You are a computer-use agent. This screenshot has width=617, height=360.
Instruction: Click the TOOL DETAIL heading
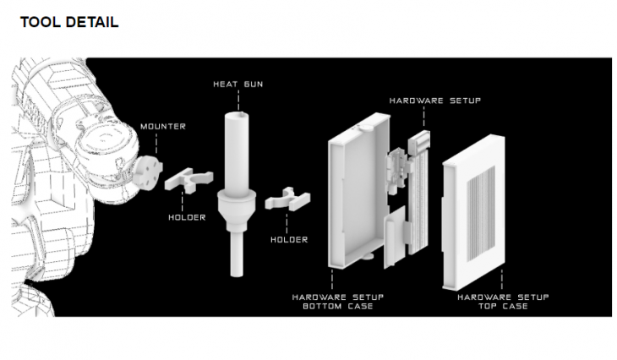tap(69, 22)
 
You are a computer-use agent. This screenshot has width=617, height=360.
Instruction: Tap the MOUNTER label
tap(163, 127)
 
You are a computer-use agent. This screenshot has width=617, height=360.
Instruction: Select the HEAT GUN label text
tap(238, 85)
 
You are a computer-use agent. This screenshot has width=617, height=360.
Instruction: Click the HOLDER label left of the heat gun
tap(187, 217)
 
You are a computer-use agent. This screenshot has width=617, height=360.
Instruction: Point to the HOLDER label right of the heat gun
tap(289, 240)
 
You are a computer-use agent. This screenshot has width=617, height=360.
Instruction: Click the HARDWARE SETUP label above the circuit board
tap(435, 101)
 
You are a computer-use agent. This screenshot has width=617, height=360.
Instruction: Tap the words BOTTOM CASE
tap(337, 306)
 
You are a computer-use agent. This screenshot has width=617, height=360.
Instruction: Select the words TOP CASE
tap(503, 306)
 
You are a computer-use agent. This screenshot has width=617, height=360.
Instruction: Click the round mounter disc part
tap(147, 172)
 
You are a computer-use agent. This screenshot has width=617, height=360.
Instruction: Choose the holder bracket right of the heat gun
tap(287, 199)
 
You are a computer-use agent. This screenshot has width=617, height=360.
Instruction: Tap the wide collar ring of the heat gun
tap(237, 195)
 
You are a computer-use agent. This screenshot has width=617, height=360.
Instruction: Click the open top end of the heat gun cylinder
tap(237, 116)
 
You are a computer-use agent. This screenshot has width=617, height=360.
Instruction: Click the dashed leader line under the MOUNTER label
tap(156, 144)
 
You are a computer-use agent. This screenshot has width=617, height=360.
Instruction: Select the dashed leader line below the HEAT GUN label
tap(238, 101)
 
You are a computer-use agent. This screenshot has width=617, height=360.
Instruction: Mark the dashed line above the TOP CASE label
tap(502, 280)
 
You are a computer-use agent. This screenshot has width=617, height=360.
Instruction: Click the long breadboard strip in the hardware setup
tap(419, 200)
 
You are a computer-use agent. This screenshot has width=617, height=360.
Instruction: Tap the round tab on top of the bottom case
tap(369, 127)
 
